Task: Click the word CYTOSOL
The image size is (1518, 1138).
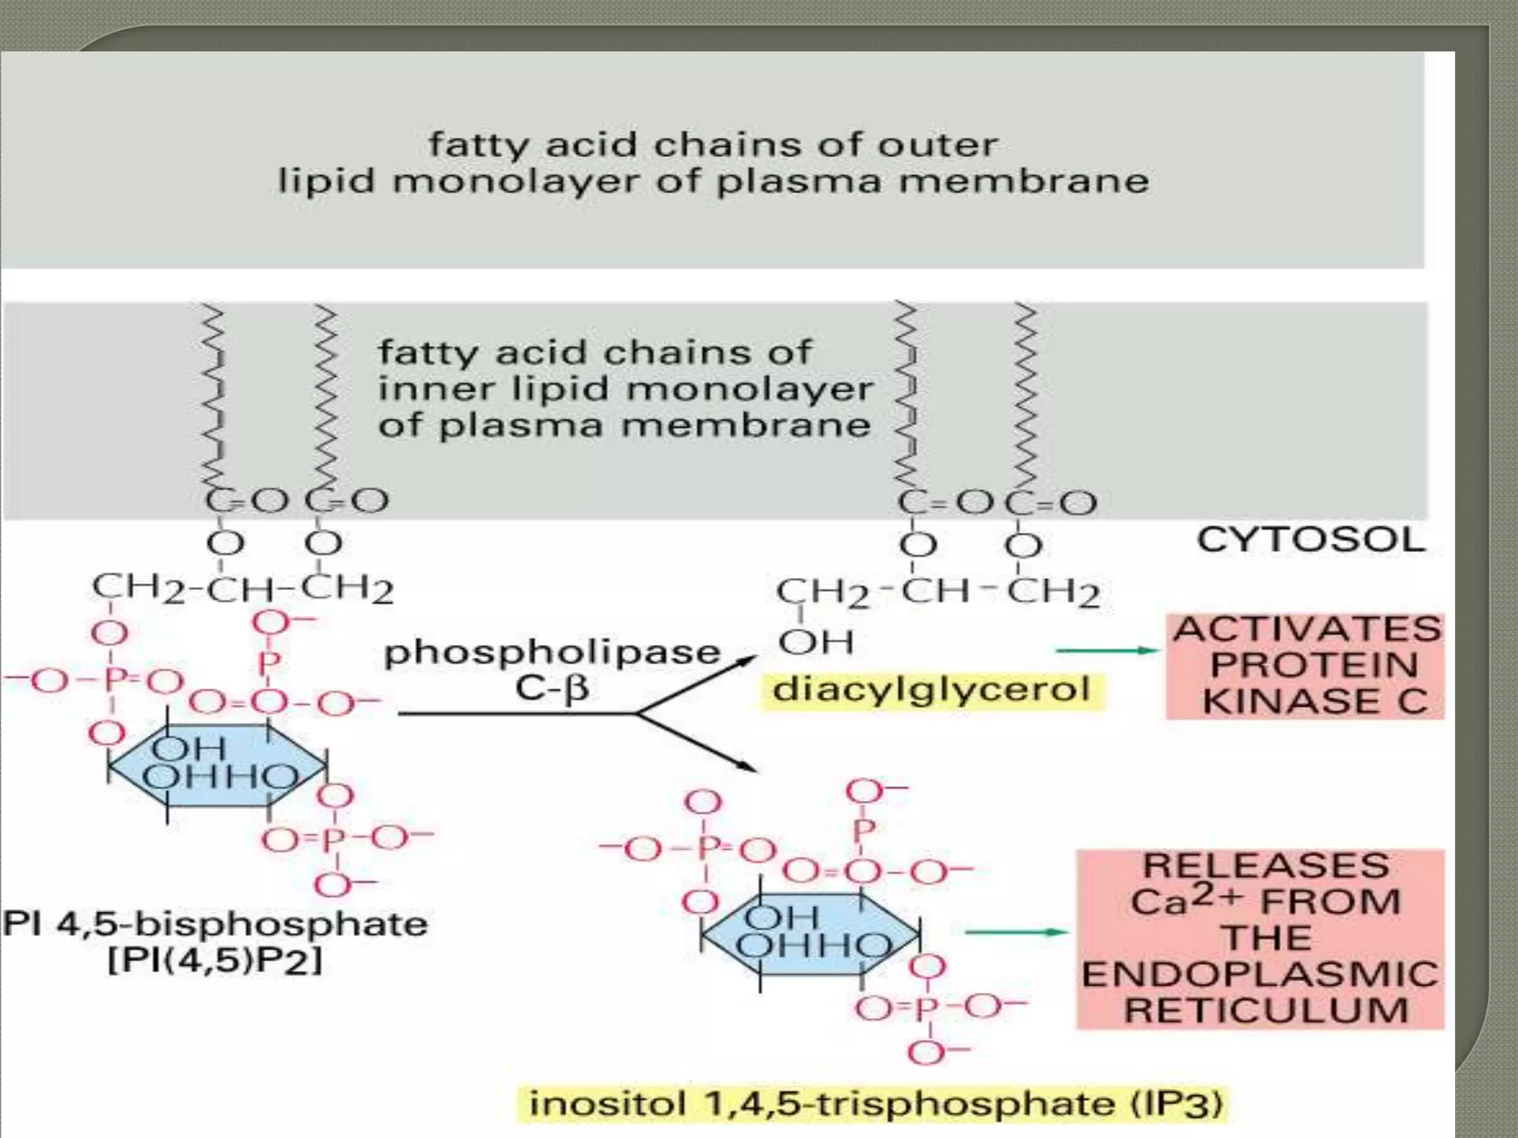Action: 1310,540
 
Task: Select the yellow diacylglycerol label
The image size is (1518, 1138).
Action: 932,690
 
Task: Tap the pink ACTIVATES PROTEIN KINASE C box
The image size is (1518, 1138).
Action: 1306,665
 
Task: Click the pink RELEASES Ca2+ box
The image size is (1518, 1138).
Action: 1260,938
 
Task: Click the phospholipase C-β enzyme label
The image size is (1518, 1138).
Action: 552,670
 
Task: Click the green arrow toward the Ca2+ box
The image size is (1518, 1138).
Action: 1017,932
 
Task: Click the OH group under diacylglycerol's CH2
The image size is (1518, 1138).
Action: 816,642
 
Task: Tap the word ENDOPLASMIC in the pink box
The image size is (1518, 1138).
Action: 1260,974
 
